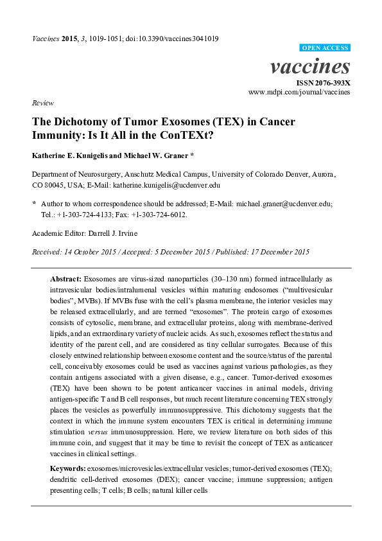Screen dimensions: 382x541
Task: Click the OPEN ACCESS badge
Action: pos(326,48)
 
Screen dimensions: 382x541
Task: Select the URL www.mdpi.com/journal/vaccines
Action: pos(299,93)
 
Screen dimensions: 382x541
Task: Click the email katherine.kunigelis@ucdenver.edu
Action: pos(169,184)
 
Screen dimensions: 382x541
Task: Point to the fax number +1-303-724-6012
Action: pos(163,214)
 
